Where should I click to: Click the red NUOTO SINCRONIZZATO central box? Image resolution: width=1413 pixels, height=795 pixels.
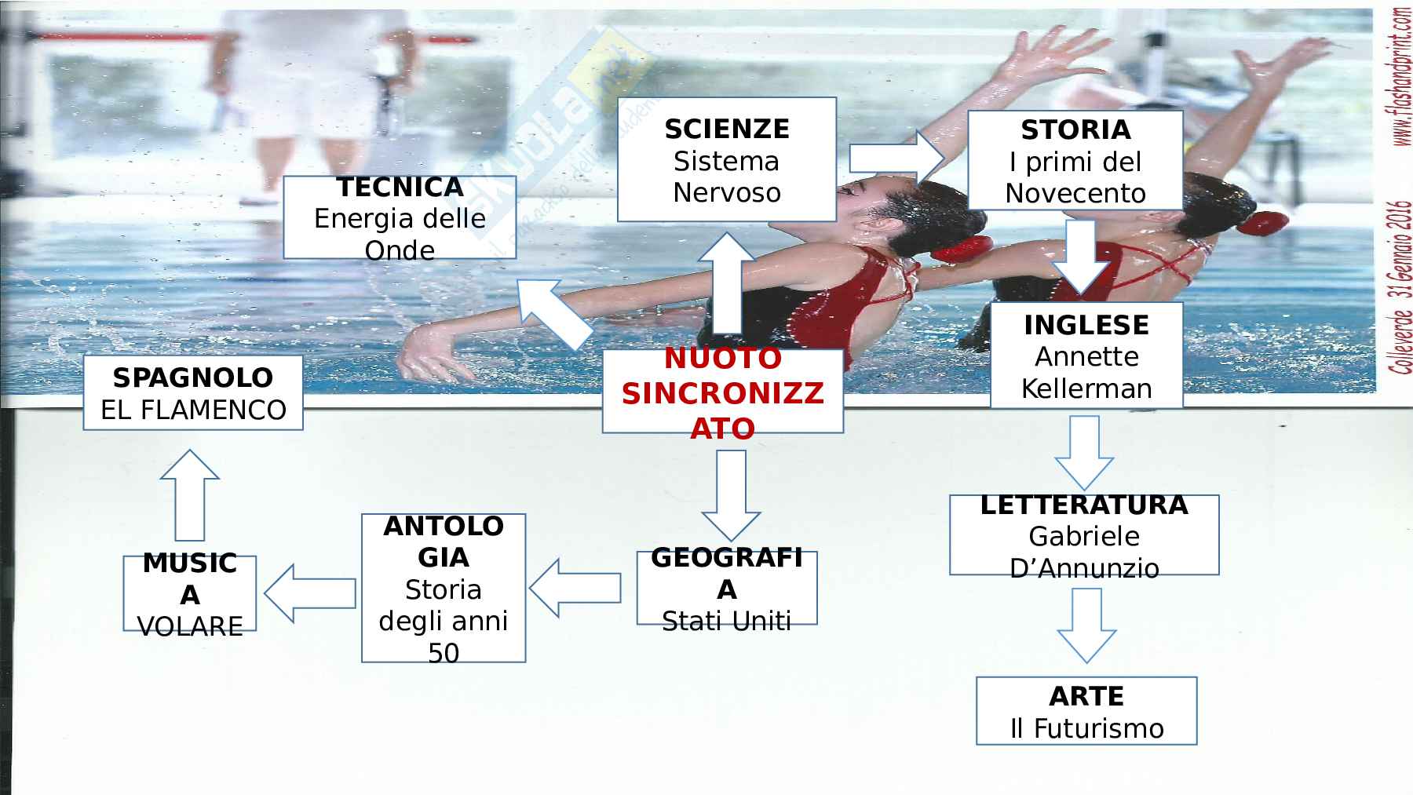coord(722,392)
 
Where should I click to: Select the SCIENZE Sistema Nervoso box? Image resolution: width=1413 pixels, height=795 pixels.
coord(726,160)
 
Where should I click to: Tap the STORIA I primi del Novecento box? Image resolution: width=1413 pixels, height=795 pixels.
coord(1075,161)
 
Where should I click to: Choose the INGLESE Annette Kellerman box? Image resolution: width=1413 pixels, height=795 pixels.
coord(1086,356)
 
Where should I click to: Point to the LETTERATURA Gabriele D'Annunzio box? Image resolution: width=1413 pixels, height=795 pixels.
coord(1083,535)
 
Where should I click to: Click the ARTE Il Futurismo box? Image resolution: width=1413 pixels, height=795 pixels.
coord(1086,711)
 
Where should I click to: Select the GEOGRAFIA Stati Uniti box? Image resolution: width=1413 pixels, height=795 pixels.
coord(726,589)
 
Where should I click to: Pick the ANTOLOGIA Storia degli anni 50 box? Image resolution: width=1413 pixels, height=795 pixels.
coord(443,588)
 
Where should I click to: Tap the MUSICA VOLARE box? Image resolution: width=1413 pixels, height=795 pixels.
coord(189,593)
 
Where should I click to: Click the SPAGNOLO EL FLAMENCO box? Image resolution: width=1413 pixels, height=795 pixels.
coord(193,392)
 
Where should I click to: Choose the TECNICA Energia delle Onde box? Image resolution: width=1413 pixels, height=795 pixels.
coord(399,217)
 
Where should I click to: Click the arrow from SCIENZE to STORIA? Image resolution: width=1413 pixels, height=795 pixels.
coord(896,159)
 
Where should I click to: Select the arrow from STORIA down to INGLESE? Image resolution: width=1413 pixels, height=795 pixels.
coord(1085,257)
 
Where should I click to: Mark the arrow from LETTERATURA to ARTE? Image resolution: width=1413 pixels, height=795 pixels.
coord(1086,625)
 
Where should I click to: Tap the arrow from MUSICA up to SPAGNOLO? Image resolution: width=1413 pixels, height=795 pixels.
coord(189,494)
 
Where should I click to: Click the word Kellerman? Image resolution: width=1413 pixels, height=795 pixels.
coord(1086,388)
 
